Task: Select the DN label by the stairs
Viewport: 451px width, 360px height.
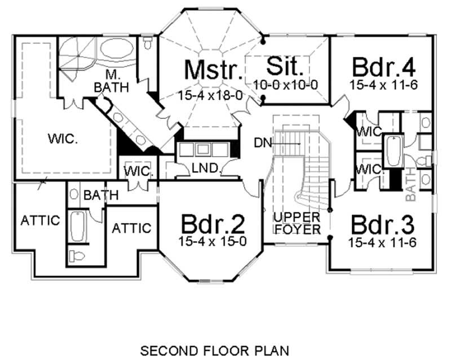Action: [261, 144]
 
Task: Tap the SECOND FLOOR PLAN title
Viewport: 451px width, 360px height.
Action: [214, 350]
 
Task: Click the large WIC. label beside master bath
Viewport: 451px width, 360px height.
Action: [63, 139]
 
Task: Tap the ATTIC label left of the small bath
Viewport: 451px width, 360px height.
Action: [39, 220]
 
